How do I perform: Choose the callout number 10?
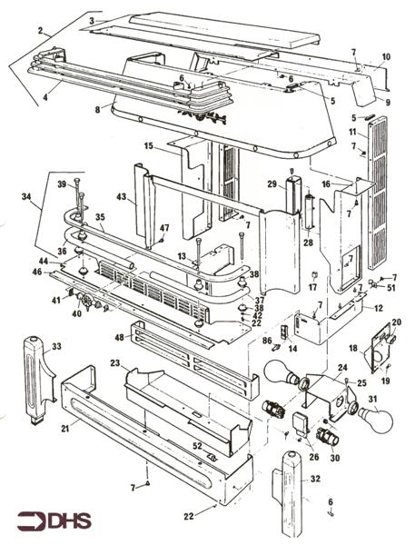point(385,57)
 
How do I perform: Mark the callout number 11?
point(351,133)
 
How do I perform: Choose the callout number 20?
point(396,322)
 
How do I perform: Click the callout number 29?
point(271,184)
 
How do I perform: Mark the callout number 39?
point(62,184)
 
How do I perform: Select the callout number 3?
point(92,20)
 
